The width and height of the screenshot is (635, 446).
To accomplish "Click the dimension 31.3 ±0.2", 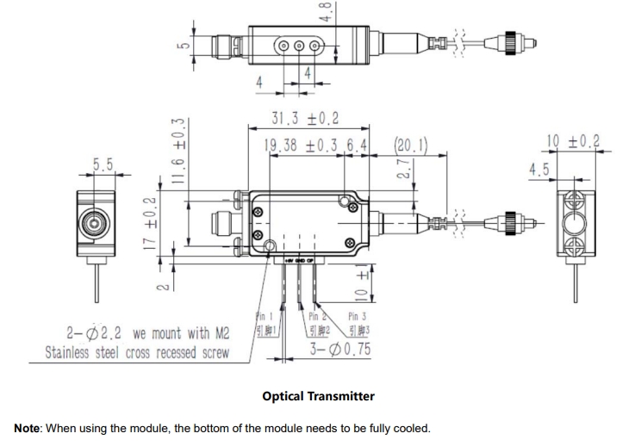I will [306, 118].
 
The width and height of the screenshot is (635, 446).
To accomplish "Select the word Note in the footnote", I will [30, 428].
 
